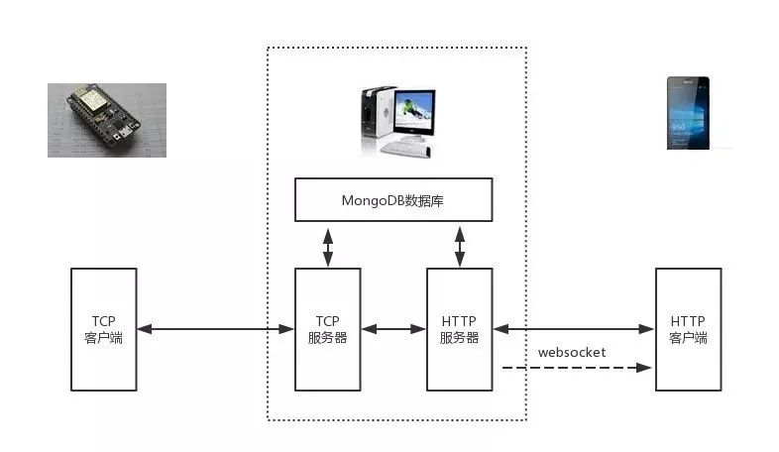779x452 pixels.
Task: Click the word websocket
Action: [572, 352]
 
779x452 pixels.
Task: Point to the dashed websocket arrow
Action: [577, 368]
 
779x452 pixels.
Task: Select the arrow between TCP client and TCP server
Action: [216, 329]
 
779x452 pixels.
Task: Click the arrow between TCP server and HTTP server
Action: [393, 329]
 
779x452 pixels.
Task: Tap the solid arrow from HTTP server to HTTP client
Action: [574, 329]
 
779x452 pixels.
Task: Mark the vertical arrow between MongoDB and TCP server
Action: [328, 248]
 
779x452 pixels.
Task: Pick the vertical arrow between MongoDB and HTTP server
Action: [460, 247]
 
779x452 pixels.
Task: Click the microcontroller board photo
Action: [107, 120]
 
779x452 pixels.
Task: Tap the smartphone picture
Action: [688, 113]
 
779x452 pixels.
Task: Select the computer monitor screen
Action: [414, 111]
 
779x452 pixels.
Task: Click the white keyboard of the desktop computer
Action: [405, 148]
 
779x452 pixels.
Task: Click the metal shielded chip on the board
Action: [89, 100]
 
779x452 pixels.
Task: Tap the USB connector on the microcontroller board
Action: [124, 133]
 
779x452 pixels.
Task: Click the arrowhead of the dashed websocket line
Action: [644, 368]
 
